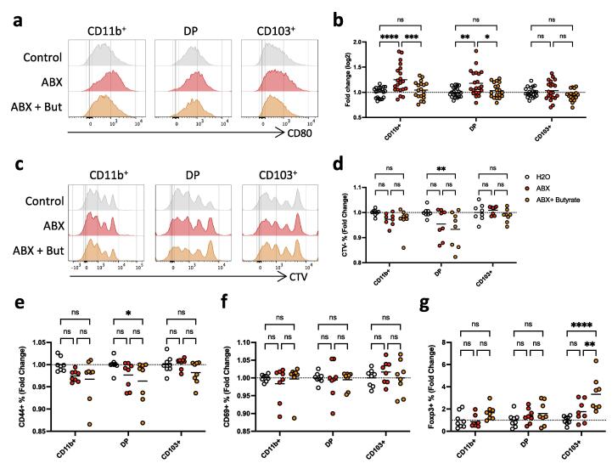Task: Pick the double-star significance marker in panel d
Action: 459,159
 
